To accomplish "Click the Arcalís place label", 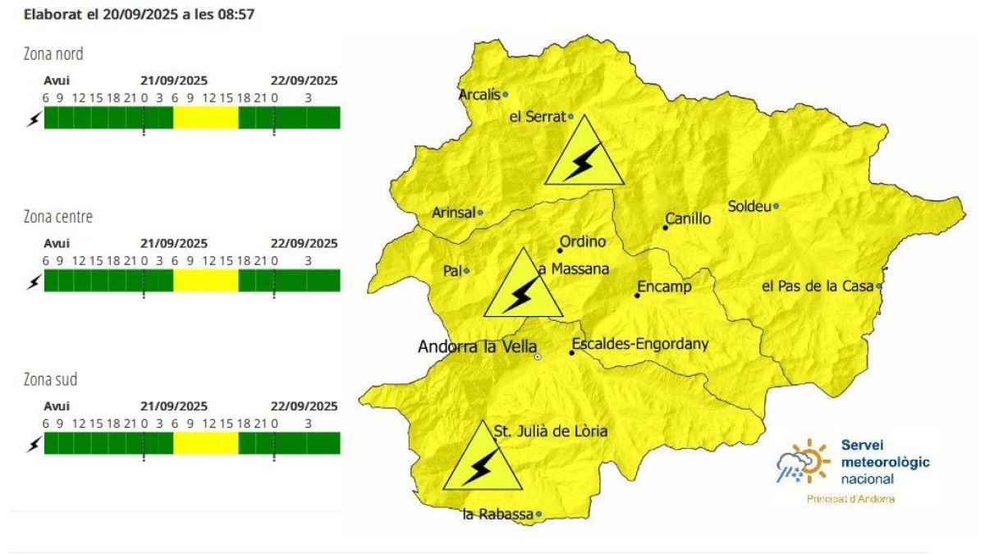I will point(479,94).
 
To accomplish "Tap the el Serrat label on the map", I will point(538,117).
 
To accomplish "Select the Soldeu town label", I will point(749,206).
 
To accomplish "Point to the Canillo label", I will point(688,219).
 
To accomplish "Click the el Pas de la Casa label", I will point(817,286).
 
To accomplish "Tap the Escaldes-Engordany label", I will point(639,344).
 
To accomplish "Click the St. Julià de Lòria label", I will point(551,430).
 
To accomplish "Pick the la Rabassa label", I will point(497,515).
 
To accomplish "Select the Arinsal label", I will point(453,213).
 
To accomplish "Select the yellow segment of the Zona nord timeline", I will point(205,117).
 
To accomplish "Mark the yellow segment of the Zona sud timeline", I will point(205,443).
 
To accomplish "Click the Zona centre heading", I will point(58,217).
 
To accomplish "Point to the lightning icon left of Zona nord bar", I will point(34,119).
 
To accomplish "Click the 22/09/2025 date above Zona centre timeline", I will point(304,243).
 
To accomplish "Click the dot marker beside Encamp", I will point(637,295).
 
